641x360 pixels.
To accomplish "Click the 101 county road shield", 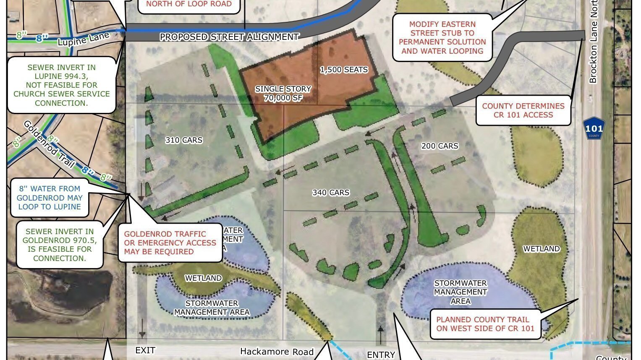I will (x=594, y=128).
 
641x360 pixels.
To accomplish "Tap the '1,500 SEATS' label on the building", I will (x=344, y=70).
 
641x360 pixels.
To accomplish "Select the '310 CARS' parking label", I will (x=184, y=140).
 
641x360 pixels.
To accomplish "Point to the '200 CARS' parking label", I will (x=440, y=146).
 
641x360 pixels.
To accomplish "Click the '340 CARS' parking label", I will (x=331, y=193).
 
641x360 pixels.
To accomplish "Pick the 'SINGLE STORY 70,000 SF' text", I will (x=283, y=94).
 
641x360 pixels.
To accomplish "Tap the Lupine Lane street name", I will (x=84, y=39).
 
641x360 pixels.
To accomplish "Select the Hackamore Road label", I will (x=277, y=352).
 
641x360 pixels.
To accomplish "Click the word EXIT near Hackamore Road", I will (x=145, y=350).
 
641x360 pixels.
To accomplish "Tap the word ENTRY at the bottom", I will (x=381, y=355).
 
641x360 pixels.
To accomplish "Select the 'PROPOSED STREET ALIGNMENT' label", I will (x=229, y=37).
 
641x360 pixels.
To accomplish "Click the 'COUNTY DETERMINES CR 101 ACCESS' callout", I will (x=523, y=110).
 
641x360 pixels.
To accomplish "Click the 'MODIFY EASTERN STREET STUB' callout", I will (x=442, y=38).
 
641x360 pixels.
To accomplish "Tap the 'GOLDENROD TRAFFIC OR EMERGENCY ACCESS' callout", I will (x=170, y=243).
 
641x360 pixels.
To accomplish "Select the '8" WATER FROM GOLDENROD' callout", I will (x=50, y=198).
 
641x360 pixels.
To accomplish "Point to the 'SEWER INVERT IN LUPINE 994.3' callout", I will (x=62, y=85).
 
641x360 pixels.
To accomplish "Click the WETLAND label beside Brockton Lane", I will (x=541, y=249).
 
